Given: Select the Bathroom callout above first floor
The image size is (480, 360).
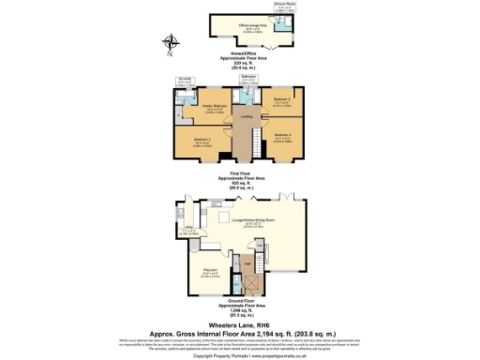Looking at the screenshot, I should coord(248,80).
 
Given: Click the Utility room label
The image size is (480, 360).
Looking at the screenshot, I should coord(188,228).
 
